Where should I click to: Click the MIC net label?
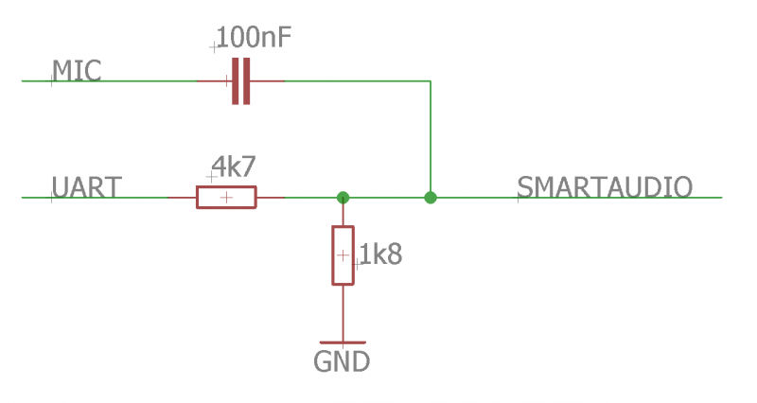pyautogui.click(x=77, y=70)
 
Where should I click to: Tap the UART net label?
pyautogui.click(x=86, y=186)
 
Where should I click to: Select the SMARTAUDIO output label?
pyautogui.click(x=605, y=186)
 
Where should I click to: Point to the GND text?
pyautogui.click(x=341, y=361)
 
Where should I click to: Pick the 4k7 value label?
pyautogui.click(x=233, y=167)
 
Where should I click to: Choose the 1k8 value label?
pyautogui.click(x=380, y=254)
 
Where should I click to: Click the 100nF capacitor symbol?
pyautogui.click(x=241, y=81)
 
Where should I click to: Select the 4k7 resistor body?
pyautogui.click(x=225, y=197)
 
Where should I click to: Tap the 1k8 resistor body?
pyautogui.click(x=343, y=255)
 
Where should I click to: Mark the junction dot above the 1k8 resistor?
pyautogui.click(x=343, y=198)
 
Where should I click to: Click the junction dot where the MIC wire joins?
pyautogui.click(x=431, y=198)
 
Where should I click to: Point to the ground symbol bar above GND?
pyautogui.click(x=343, y=342)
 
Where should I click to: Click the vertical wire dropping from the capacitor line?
pyautogui.click(x=431, y=137)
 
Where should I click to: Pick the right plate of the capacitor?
pyautogui.click(x=247, y=81)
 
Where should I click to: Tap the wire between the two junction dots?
pyautogui.click(x=386, y=198)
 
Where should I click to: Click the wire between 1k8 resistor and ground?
pyautogui.click(x=343, y=312)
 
